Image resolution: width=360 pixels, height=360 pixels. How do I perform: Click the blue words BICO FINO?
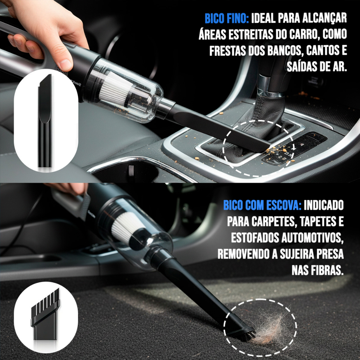click(227, 19)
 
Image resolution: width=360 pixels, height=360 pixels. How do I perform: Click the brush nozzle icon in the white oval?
click(45, 315)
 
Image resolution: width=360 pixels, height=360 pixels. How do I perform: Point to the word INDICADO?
click(324, 205)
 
